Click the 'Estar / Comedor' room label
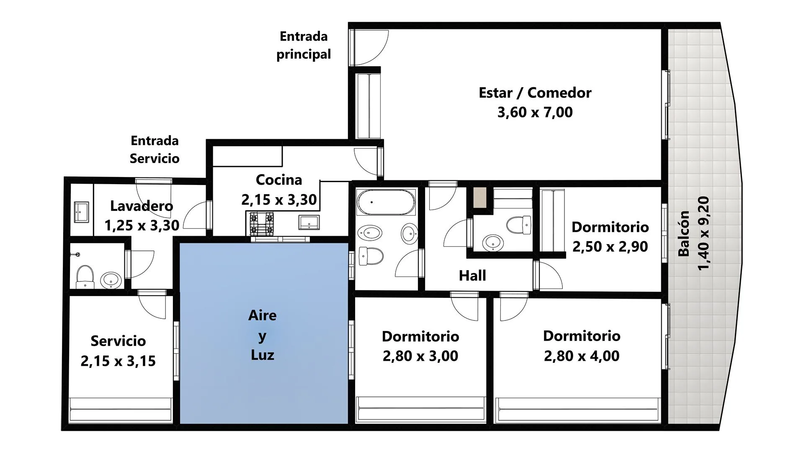(x=535, y=93)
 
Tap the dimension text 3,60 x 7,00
(x=535, y=112)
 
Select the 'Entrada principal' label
(x=304, y=45)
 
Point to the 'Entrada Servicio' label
(x=155, y=149)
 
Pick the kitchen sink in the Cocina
(x=309, y=222)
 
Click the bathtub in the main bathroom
(x=386, y=202)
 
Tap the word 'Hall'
(x=472, y=276)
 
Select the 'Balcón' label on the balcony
(x=683, y=234)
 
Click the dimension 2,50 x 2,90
(x=610, y=247)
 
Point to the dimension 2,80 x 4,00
(x=582, y=356)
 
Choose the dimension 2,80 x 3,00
(x=420, y=356)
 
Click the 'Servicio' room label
(x=118, y=341)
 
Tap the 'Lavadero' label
(x=142, y=206)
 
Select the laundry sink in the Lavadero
(x=81, y=212)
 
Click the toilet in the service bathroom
(x=85, y=276)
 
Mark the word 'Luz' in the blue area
(x=263, y=355)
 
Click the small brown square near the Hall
(x=480, y=197)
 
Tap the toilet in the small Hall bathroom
(x=518, y=225)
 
